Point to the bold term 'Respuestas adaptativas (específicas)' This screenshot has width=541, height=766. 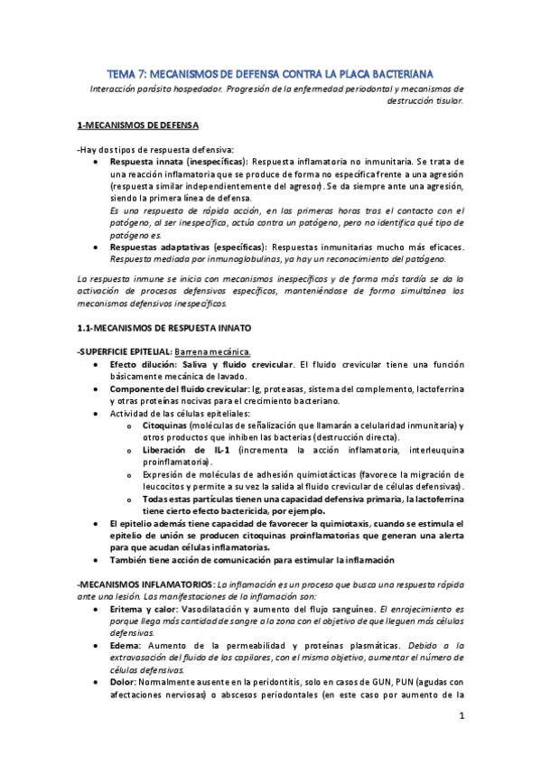coord(180,246)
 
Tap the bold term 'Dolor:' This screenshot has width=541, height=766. coord(123,683)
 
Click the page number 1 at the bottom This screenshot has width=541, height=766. coord(461,716)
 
